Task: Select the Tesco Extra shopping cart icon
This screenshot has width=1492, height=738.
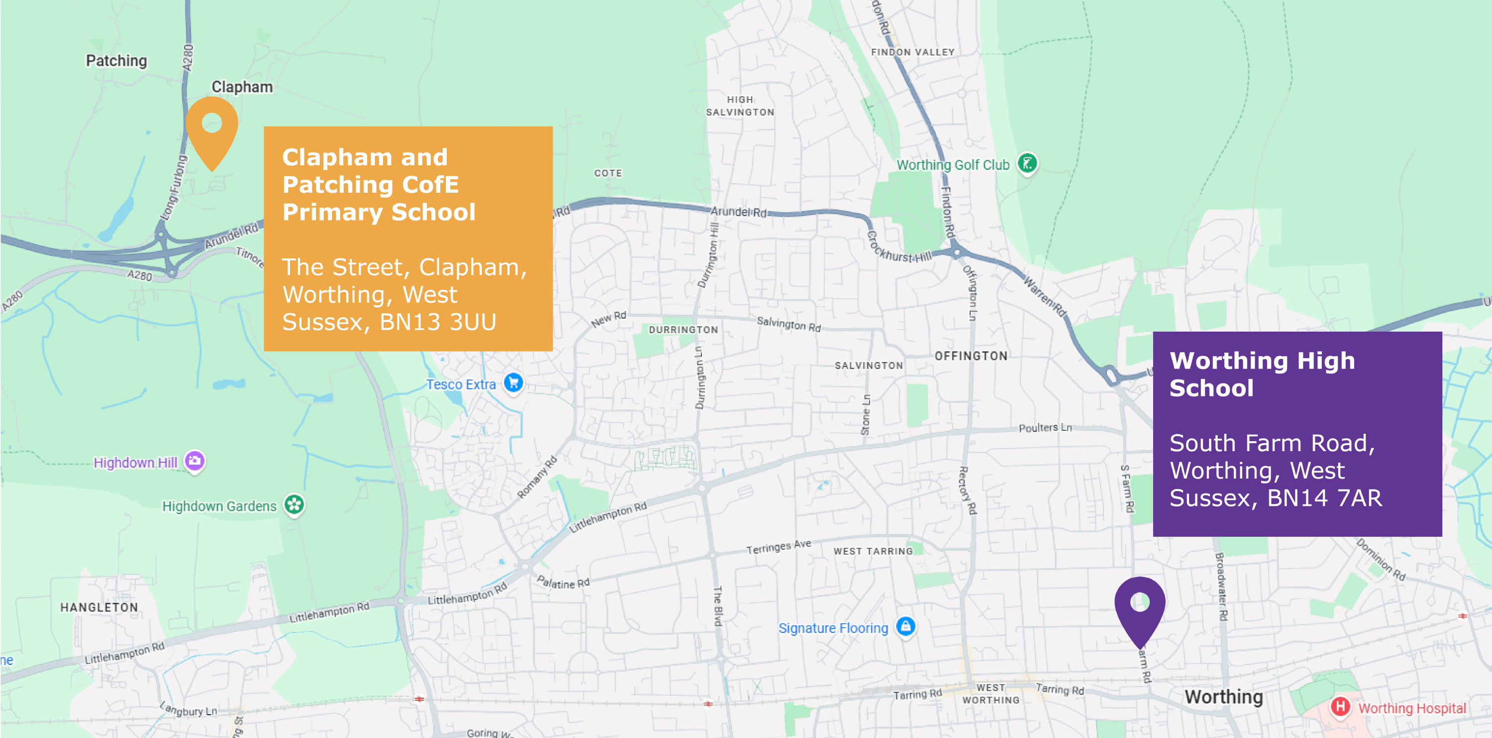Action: (x=513, y=382)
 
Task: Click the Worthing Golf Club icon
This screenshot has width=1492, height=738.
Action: (x=1027, y=163)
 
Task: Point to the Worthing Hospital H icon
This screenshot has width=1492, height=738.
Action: (x=1340, y=707)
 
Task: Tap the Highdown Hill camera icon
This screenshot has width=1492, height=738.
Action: (x=195, y=462)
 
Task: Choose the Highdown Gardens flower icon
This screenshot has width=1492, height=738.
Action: (x=294, y=505)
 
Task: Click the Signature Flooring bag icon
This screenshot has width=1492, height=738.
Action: (x=905, y=626)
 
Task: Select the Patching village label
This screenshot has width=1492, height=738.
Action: (x=116, y=61)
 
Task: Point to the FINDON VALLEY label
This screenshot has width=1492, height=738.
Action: (x=913, y=52)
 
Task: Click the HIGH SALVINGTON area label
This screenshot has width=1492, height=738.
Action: (x=740, y=106)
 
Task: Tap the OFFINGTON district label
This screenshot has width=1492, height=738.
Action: (x=971, y=356)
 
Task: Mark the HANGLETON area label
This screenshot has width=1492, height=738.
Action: (x=99, y=608)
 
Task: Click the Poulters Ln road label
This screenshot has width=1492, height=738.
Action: (x=1045, y=428)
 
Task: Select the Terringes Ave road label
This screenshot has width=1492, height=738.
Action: (x=779, y=547)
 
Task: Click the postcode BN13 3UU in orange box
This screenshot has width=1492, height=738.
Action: (x=438, y=322)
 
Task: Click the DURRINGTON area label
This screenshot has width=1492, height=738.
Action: (x=683, y=330)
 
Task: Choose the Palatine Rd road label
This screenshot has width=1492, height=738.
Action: (x=563, y=582)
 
